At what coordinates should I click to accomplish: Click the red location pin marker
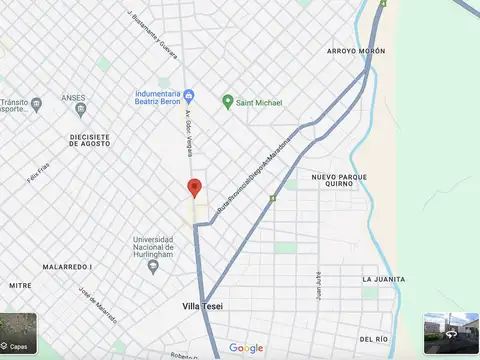point(195,187)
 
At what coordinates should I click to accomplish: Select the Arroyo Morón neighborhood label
point(355,50)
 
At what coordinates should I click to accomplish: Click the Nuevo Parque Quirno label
point(339,182)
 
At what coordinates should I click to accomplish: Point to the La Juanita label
point(384,279)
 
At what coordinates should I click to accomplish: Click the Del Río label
point(373,340)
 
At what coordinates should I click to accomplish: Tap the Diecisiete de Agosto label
point(69,137)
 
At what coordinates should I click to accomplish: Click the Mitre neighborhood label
point(21,285)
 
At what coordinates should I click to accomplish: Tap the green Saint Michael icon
point(227,102)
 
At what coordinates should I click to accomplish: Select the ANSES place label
point(73,98)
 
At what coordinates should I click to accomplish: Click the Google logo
point(246,348)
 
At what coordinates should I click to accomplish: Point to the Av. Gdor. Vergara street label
point(187,129)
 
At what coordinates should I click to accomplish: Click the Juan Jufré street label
point(317,286)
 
